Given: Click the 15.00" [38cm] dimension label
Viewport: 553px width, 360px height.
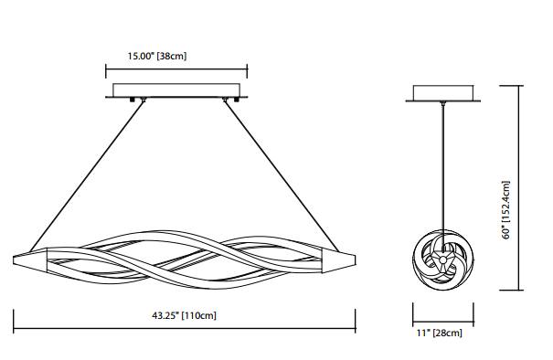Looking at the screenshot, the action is (x=157, y=56).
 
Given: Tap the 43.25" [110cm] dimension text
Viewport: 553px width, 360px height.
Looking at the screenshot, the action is (x=184, y=315).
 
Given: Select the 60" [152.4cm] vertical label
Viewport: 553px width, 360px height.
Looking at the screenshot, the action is (x=505, y=210).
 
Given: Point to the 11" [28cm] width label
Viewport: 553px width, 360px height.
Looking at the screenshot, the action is (x=440, y=333).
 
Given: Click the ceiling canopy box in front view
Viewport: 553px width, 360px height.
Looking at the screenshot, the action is (x=176, y=90).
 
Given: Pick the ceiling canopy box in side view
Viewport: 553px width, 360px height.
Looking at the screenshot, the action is (x=443, y=92).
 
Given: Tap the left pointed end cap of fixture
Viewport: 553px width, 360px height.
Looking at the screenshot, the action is (x=30, y=260).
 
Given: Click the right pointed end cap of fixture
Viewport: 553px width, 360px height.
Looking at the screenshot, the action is (x=338, y=260).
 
